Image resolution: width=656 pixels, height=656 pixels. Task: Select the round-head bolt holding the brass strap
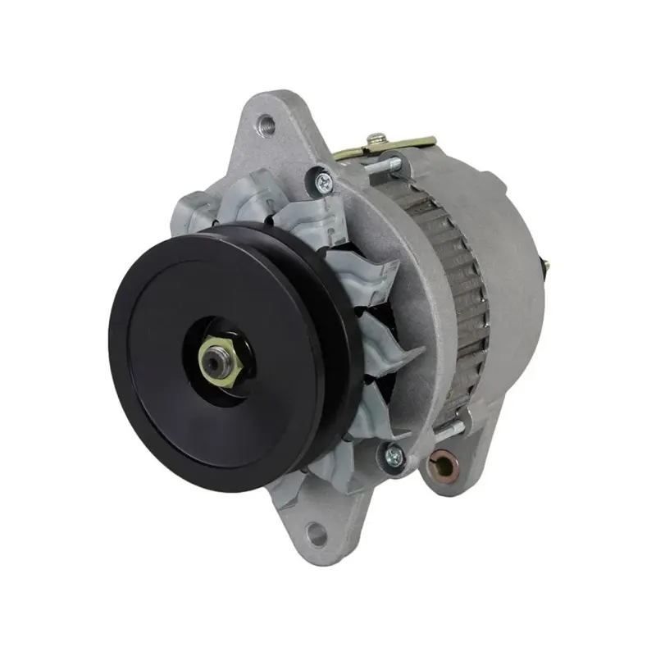(376, 139)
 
